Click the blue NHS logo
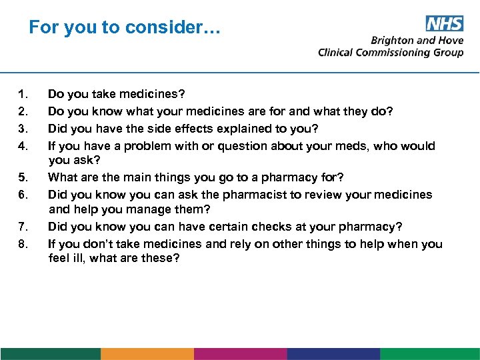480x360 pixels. pos(444,24)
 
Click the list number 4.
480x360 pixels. pos(23,146)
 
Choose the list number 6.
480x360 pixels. pos(23,195)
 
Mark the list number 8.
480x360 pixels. pos(23,244)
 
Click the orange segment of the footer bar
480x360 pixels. pos(147,353)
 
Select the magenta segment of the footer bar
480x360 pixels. pos(240,353)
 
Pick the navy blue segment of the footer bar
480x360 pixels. pos(333,353)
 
